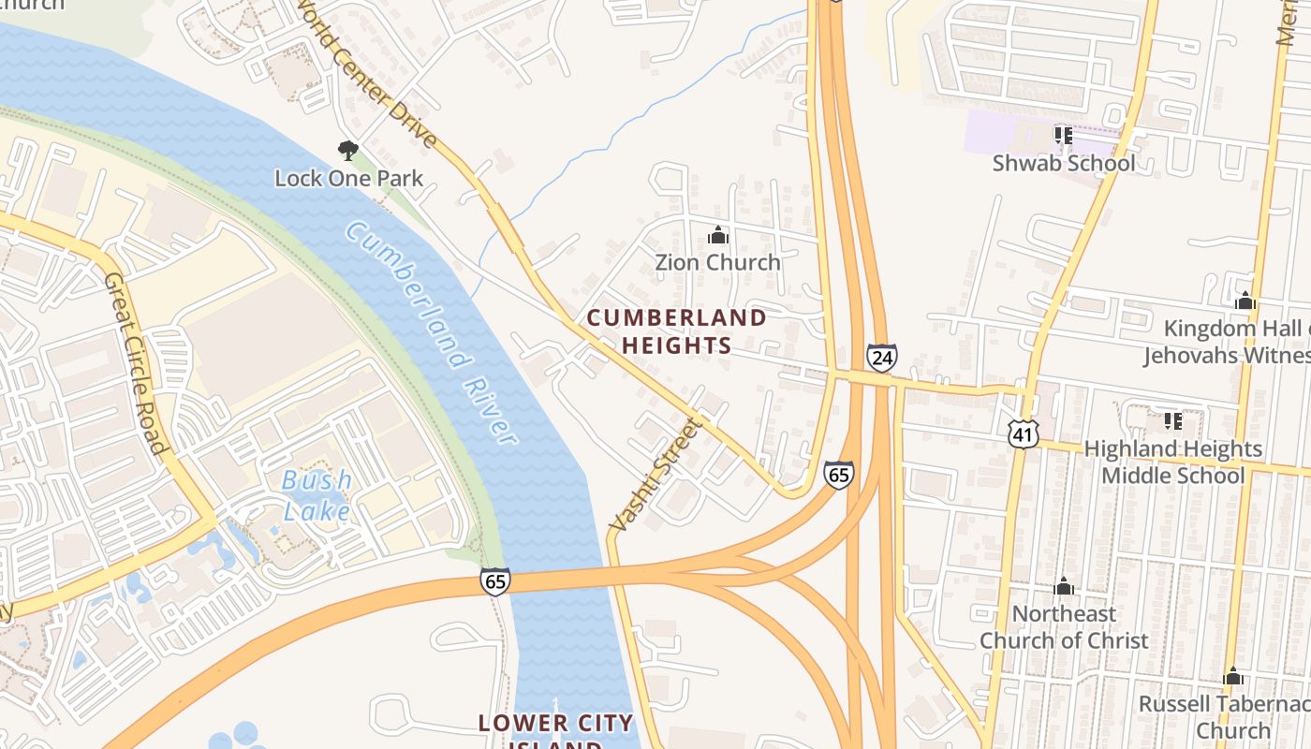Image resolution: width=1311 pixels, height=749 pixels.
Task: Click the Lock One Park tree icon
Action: coord(347,150)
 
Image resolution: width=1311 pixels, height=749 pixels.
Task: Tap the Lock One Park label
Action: coord(348,178)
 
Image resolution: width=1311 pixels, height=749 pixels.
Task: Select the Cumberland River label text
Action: coord(431,332)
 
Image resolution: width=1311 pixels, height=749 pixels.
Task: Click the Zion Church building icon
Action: coord(718,235)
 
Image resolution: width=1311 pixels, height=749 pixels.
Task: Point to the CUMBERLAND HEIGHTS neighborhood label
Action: coord(676,331)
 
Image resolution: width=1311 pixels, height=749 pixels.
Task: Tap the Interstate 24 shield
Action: coord(881,357)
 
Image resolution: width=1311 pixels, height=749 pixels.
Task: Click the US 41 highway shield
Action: coord(1024,432)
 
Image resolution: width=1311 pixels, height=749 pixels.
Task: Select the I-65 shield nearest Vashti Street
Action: coord(839,474)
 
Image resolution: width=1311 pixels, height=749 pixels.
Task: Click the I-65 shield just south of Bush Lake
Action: coord(495,580)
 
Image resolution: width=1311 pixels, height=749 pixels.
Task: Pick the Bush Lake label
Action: coord(317,495)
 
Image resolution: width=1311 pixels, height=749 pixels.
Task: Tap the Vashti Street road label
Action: coord(655,476)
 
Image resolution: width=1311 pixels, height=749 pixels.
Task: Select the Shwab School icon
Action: coord(1063,136)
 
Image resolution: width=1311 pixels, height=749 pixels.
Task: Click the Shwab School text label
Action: coord(1064,163)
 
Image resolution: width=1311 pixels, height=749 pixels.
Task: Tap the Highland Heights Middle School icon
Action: coord(1172,421)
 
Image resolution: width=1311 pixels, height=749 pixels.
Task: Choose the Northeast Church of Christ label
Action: coord(1064,627)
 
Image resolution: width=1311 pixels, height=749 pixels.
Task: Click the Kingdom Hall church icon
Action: coord(1245,301)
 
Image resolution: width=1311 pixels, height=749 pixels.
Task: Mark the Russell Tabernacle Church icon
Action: coord(1233,676)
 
